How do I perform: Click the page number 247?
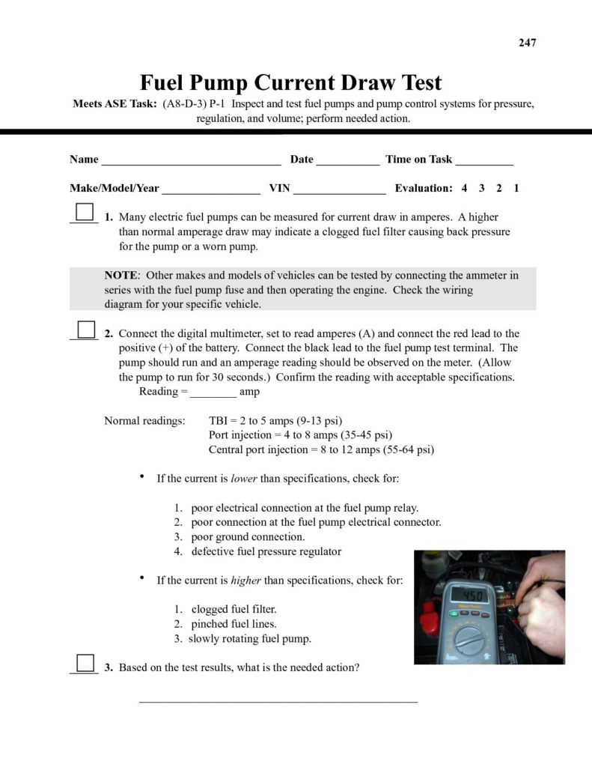[527, 43]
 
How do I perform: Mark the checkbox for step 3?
[85, 663]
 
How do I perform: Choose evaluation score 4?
[464, 189]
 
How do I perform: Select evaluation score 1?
[516, 189]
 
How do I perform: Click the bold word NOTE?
[121, 276]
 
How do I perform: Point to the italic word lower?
[245, 478]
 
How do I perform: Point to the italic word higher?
[246, 580]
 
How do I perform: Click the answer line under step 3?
[278, 701]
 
